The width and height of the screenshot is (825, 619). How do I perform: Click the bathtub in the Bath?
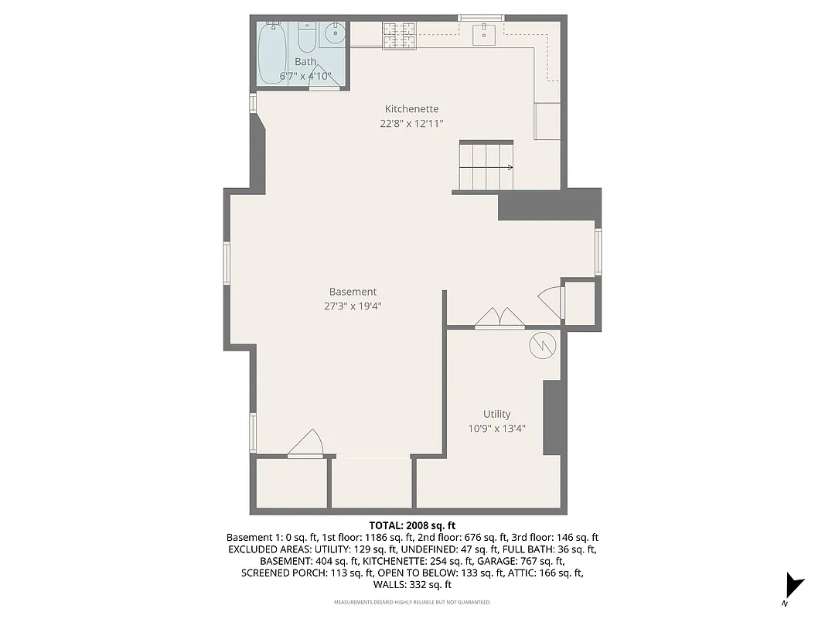click(272, 48)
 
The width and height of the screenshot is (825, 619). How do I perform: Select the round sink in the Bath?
click(335, 34)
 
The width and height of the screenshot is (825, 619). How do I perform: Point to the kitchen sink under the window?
click(484, 32)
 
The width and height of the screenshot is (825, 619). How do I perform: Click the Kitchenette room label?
click(411, 109)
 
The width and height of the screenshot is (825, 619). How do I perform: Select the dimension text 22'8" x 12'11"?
click(411, 123)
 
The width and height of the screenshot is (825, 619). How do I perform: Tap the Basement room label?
click(353, 292)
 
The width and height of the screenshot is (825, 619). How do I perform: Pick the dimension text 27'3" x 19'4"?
click(353, 306)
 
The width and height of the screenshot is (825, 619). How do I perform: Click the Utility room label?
click(496, 414)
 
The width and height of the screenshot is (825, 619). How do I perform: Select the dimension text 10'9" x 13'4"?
click(496, 428)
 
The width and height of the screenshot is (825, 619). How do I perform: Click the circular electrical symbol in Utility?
click(542, 345)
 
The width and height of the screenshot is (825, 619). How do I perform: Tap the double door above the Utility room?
click(499, 317)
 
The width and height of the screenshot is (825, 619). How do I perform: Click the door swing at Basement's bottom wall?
click(307, 443)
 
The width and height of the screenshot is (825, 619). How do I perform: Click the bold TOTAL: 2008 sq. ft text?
click(412, 525)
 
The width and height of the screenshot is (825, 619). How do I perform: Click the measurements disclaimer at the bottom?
click(412, 602)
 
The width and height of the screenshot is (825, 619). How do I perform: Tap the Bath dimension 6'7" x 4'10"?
click(305, 76)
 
